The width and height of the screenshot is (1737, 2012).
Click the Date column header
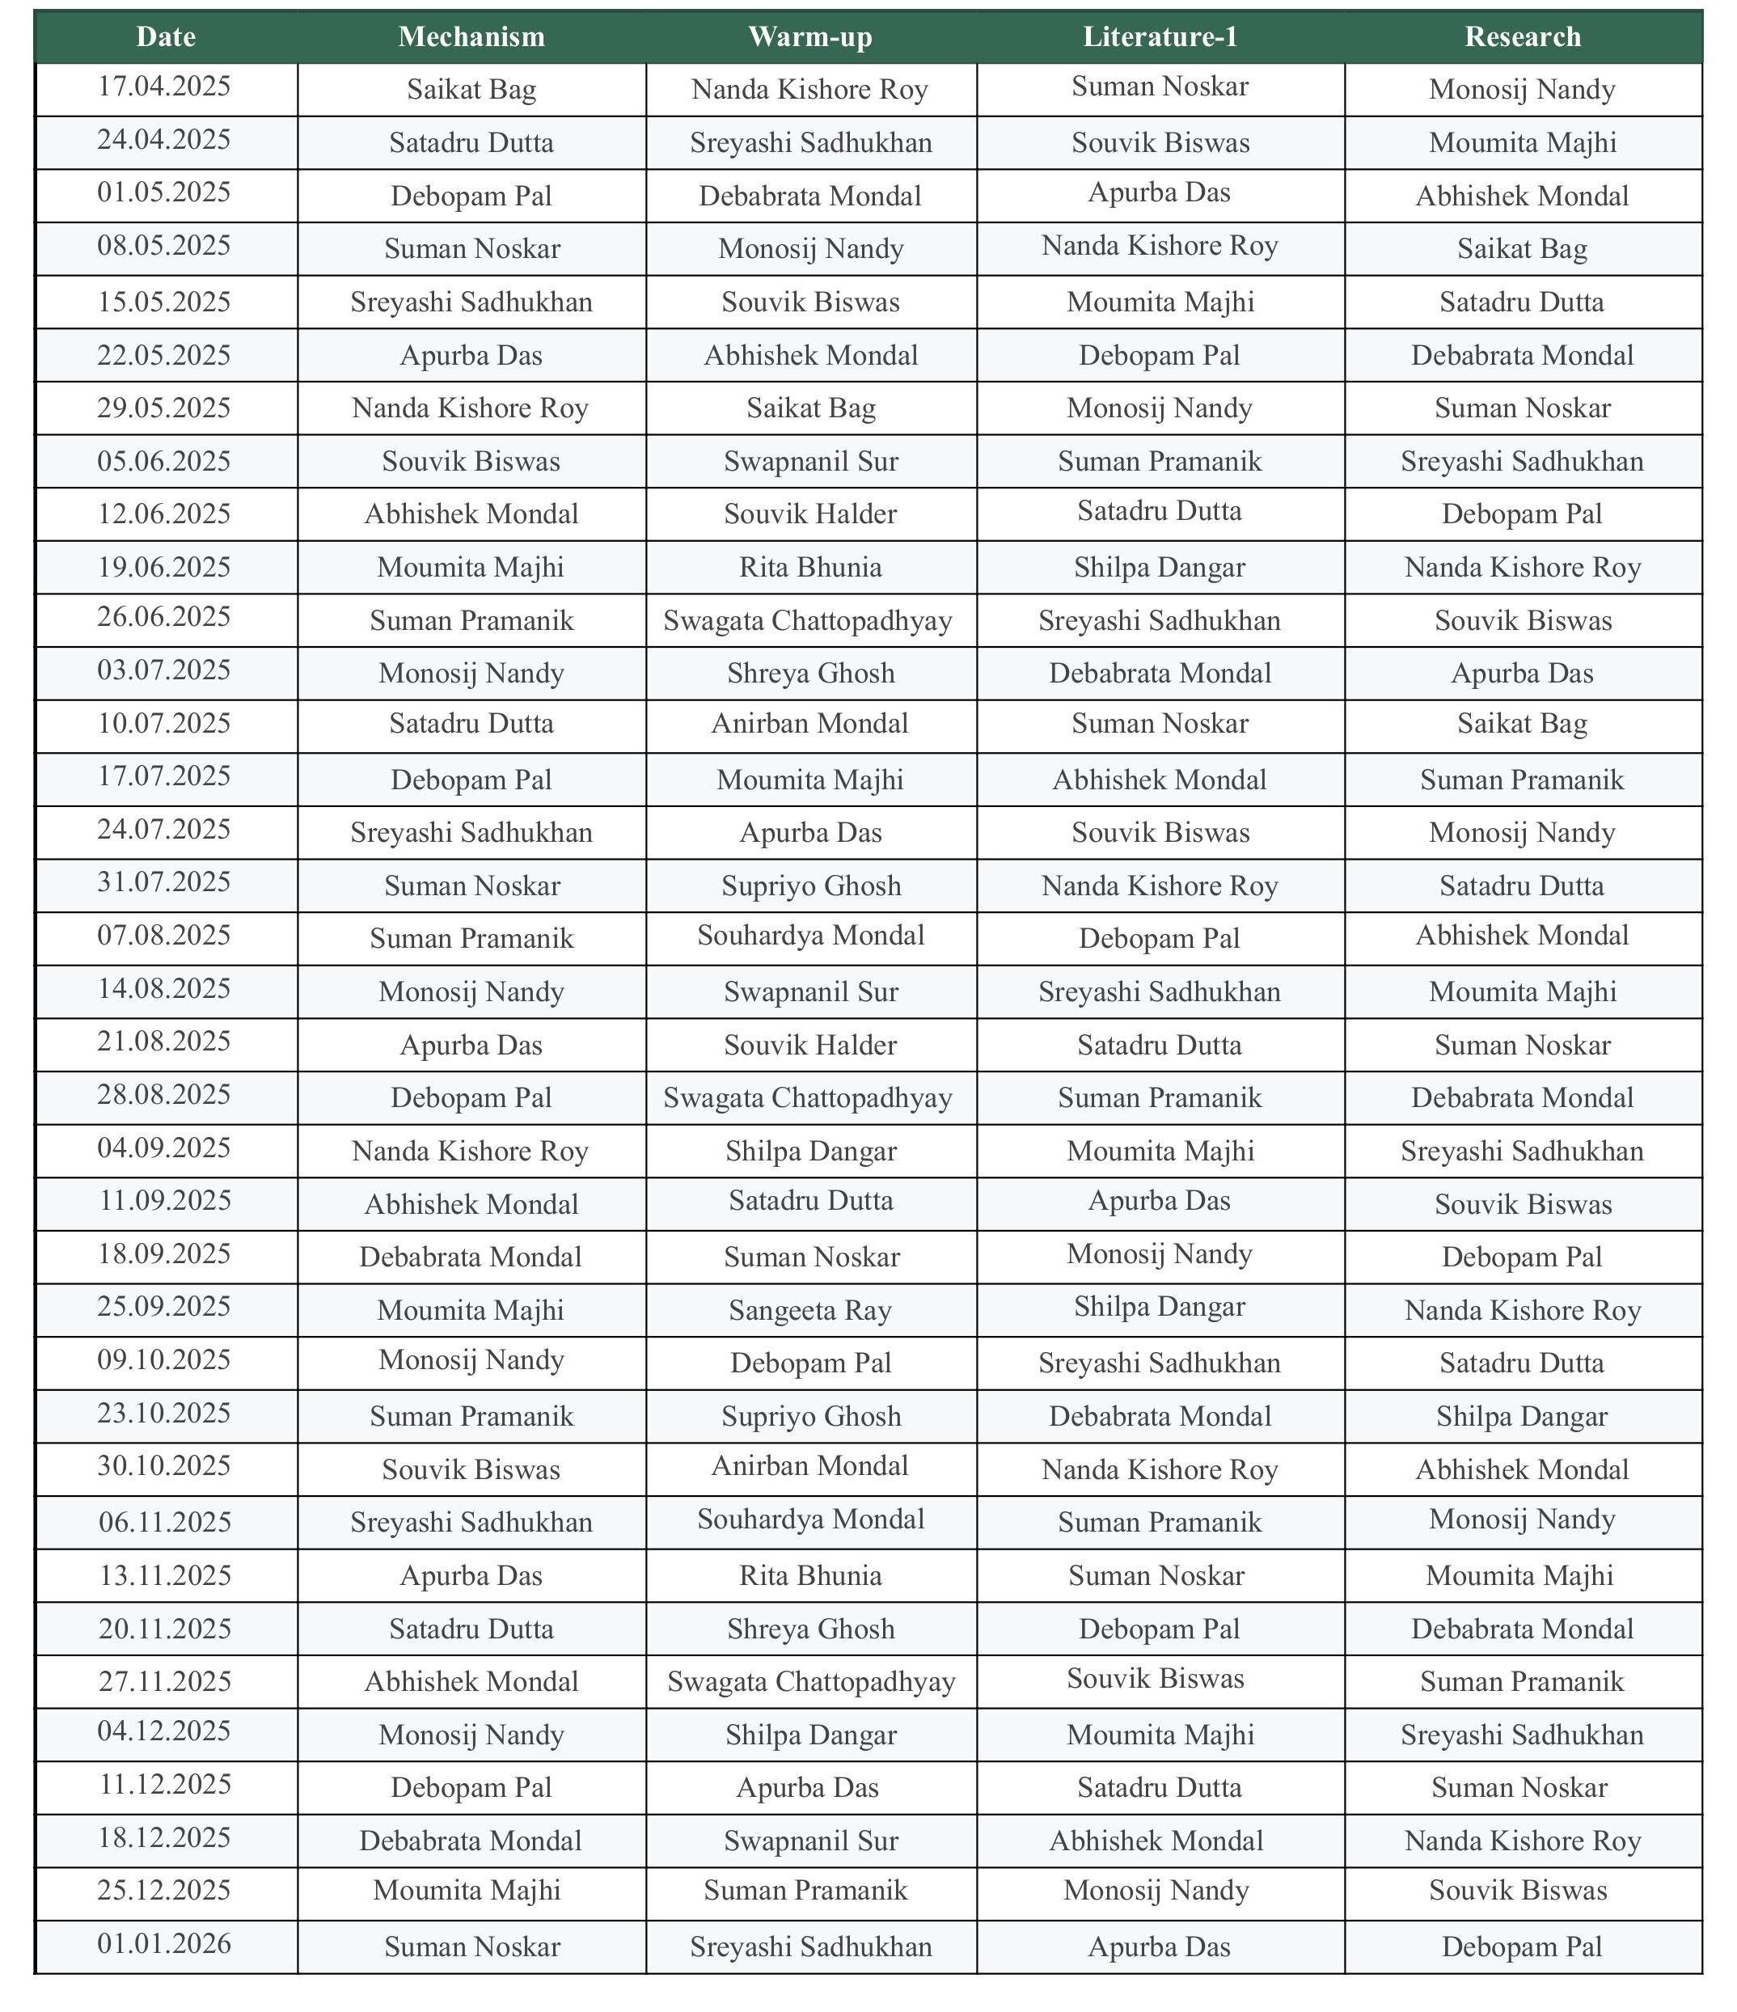[x=166, y=37]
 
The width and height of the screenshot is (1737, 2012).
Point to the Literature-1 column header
[x=1160, y=37]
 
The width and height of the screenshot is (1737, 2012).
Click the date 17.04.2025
[x=165, y=87]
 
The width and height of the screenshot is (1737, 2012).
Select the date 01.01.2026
[x=165, y=1943]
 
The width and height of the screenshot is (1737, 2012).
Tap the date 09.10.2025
[x=165, y=1359]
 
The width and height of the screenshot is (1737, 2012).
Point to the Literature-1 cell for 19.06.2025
[x=1160, y=567]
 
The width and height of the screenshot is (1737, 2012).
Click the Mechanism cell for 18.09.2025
[x=471, y=1257]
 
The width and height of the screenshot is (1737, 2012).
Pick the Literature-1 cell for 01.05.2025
[x=1160, y=193]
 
